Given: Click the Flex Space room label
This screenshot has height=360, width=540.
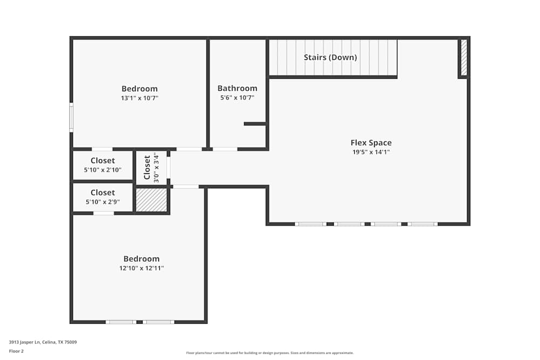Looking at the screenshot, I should pyautogui.click(x=371, y=143).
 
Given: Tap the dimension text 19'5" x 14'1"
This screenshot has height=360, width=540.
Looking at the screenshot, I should pyautogui.click(x=371, y=152).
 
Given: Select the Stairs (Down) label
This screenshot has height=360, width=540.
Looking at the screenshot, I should pyautogui.click(x=330, y=57).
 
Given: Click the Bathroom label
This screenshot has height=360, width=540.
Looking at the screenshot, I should pyautogui.click(x=237, y=89).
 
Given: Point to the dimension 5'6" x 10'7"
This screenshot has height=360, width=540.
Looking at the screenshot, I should pyautogui.click(x=237, y=98).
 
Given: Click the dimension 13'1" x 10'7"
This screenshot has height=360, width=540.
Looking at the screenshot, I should pyautogui.click(x=139, y=98).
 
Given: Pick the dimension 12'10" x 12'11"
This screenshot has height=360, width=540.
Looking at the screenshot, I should pyautogui.click(x=141, y=268).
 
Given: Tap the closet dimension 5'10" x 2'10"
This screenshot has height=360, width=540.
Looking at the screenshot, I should pyautogui.click(x=103, y=170).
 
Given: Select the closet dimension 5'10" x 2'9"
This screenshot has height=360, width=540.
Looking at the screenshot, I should pyautogui.click(x=103, y=202).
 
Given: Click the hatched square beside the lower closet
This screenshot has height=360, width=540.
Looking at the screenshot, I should pyautogui.click(x=151, y=200).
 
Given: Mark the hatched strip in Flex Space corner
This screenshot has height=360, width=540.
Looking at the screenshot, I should pyautogui.click(x=463, y=57).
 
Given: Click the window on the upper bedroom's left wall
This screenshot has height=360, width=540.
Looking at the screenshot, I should pyautogui.click(x=71, y=118).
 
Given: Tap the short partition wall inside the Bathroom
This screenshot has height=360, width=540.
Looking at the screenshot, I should pyautogui.click(x=254, y=124).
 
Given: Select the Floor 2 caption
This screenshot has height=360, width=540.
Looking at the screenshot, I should pyautogui.click(x=16, y=351).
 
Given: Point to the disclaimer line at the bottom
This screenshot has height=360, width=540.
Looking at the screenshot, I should pyautogui.click(x=270, y=353).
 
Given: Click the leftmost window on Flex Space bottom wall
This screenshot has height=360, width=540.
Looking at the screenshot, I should pyautogui.click(x=310, y=223).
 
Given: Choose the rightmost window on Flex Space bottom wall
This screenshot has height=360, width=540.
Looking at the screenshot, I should pyautogui.click(x=422, y=223).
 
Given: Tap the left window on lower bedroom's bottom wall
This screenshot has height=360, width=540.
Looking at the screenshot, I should pyautogui.click(x=120, y=322).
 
